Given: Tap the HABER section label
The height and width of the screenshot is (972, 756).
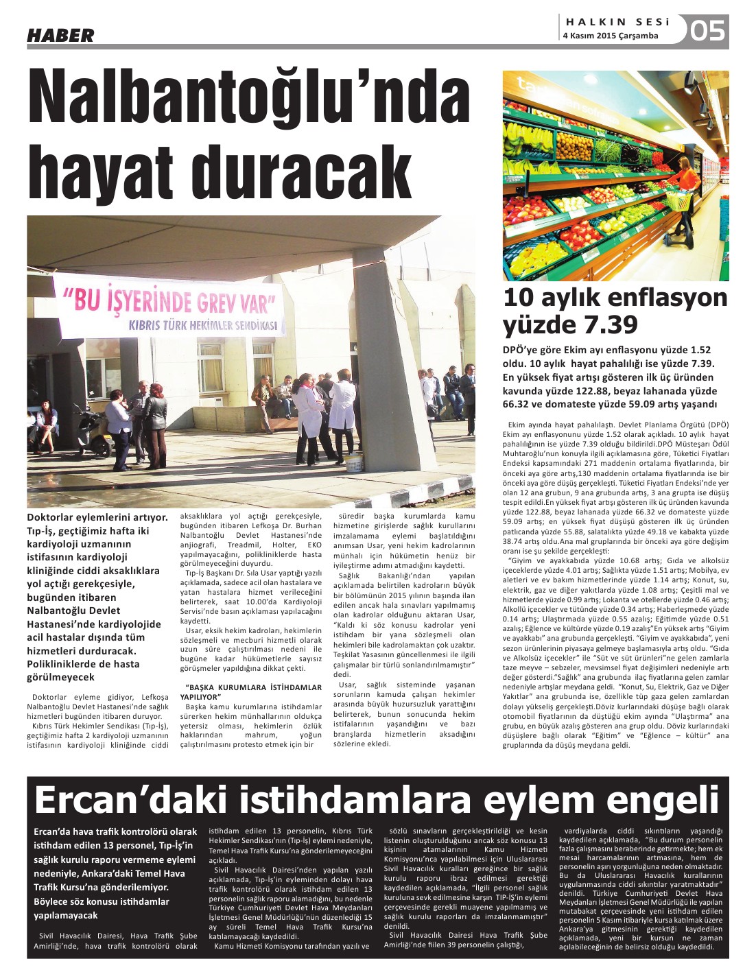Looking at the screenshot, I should click(60, 35).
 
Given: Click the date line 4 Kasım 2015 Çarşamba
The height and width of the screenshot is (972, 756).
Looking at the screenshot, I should click(610, 36).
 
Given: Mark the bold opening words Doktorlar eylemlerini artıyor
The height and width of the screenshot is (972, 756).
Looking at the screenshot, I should click(97, 517).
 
